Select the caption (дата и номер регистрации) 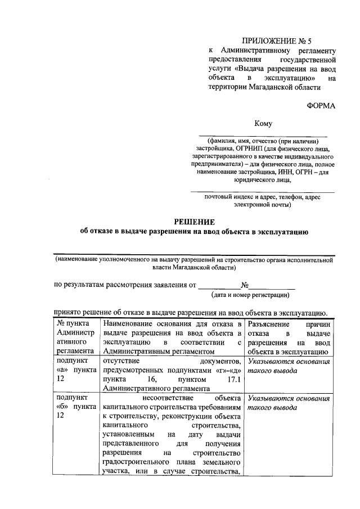click(x=251, y=294)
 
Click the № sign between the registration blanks click(x=245, y=285)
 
